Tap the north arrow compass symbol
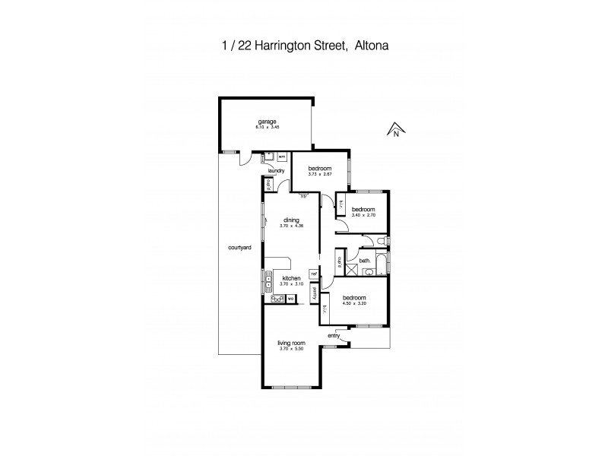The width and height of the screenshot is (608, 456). (396, 131)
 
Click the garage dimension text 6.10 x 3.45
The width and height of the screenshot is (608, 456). (266, 126)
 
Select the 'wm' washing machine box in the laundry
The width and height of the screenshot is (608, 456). (281, 157)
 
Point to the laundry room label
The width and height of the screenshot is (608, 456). (276, 171)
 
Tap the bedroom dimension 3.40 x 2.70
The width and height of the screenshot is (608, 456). (363, 215)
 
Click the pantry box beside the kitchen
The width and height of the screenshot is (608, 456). (312, 293)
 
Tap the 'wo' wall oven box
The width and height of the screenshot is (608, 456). (290, 299)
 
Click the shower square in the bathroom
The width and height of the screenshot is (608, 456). (353, 271)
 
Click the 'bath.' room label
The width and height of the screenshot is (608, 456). (365, 261)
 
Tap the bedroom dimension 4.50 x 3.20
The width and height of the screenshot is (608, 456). (354, 303)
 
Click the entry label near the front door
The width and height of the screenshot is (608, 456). (334, 335)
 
